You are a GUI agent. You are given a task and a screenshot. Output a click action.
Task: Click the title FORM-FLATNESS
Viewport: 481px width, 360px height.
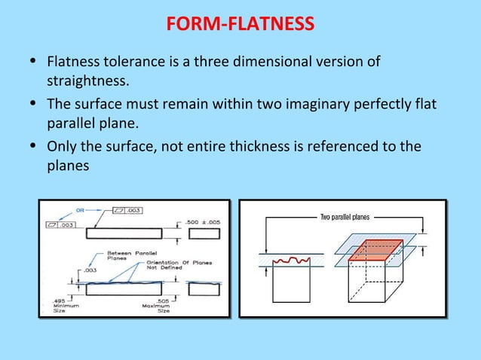[240, 26]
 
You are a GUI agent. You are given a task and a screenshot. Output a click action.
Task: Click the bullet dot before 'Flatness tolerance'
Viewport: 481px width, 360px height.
[29, 60]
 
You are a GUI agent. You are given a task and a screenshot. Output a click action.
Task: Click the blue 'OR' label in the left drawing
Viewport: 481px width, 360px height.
[81, 210]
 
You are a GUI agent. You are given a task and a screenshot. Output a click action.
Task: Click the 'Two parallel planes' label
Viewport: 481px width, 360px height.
[345, 217]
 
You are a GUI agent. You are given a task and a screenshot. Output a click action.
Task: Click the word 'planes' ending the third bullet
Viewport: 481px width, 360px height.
[68, 165]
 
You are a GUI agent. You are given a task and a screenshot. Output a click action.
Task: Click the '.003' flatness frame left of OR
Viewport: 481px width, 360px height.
[61, 225]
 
